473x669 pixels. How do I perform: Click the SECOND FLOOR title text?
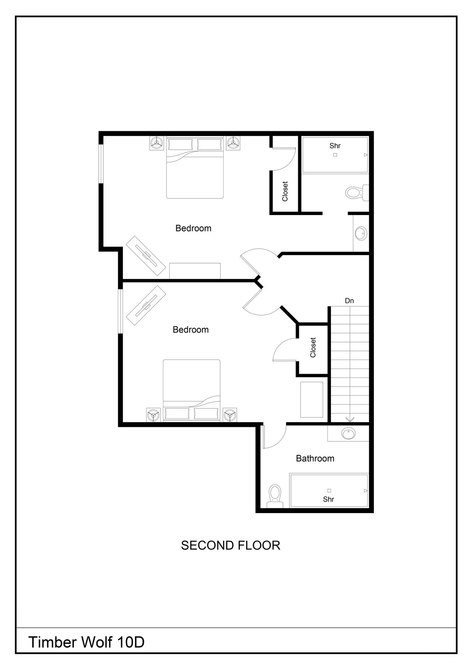[x=231, y=545]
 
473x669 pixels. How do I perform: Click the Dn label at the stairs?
[x=349, y=301]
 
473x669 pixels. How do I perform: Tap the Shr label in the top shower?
[x=335, y=146]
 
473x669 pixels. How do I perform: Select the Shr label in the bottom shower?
[x=329, y=499]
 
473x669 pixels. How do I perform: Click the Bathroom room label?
[x=315, y=458]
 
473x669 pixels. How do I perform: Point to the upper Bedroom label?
[x=193, y=228]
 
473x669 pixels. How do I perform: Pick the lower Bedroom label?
[x=191, y=329]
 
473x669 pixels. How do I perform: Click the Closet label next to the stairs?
[x=313, y=347]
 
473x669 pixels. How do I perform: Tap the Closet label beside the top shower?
[x=285, y=191]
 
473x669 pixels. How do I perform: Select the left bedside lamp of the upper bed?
[x=157, y=143]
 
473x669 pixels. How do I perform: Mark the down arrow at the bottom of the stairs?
[x=350, y=419]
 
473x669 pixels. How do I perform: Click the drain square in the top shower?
[x=335, y=155]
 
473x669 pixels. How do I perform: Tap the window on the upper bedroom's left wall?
[x=101, y=163]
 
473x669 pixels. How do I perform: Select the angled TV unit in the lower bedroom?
[x=146, y=305]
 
